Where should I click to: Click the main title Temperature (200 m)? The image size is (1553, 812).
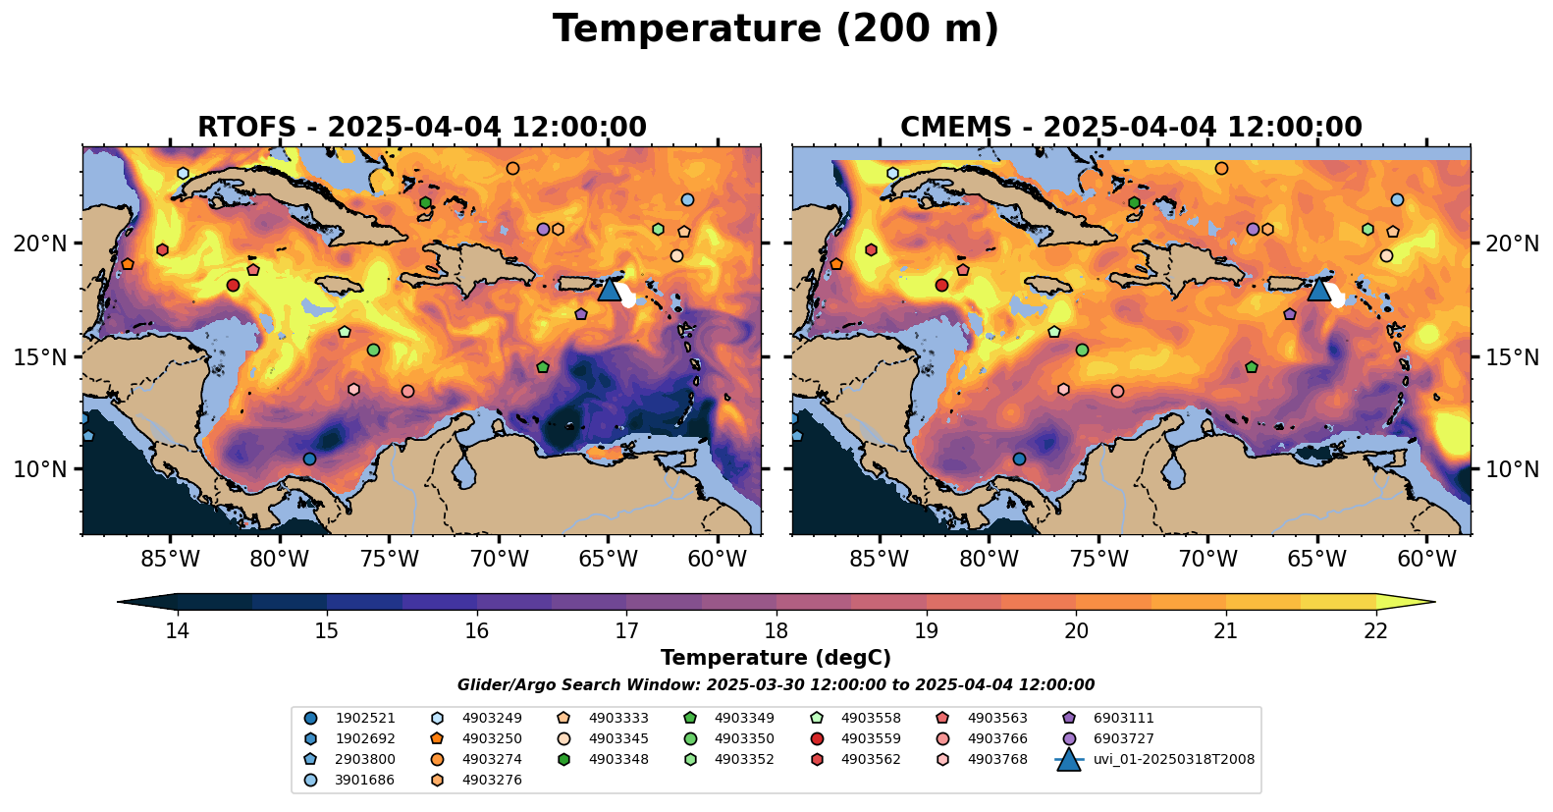[776, 29]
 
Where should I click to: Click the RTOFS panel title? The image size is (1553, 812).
[422, 128]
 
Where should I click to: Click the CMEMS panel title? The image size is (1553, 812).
[1131, 128]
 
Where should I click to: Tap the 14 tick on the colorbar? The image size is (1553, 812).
[177, 630]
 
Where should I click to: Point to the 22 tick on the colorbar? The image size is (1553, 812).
[1376, 630]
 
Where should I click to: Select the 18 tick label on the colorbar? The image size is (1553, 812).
[776, 630]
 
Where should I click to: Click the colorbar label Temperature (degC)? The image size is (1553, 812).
[776, 658]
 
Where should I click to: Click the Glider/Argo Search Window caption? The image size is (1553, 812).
[776, 685]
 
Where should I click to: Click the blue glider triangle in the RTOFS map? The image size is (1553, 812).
[610, 289]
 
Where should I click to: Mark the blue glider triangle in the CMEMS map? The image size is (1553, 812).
[1318, 289]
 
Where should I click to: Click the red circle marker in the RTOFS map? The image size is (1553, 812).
[233, 286]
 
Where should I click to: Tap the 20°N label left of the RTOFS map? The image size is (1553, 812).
[40, 244]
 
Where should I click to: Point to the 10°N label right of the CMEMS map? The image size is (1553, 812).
[1513, 469]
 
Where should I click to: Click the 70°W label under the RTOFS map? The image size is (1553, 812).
[499, 560]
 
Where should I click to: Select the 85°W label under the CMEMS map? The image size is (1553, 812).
[880, 560]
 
